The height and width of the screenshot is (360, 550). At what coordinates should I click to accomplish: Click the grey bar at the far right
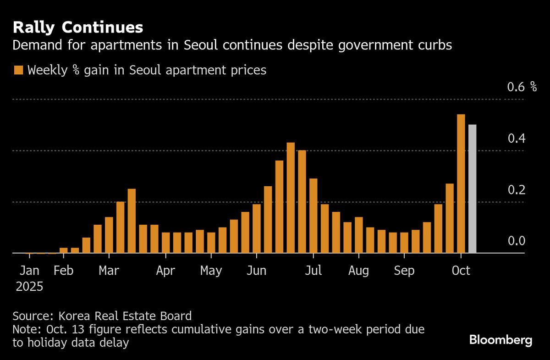coord(472,188)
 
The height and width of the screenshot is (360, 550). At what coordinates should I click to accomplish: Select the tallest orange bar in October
coord(461,183)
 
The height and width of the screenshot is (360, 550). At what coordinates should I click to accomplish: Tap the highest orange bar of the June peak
coord(291,198)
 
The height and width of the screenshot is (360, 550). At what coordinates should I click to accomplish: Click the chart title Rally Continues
coord(78,28)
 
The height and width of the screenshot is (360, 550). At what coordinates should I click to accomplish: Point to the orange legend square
coord(19,70)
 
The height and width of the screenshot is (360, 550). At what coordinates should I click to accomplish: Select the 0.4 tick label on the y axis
coord(516,138)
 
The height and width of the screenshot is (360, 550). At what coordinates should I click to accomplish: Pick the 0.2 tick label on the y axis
coord(516,189)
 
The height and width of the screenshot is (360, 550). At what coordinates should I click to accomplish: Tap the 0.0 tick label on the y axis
coord(516,241)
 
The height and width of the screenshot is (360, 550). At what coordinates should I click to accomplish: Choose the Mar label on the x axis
coord(109,271)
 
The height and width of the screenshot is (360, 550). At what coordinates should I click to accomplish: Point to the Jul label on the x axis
coord(314,271)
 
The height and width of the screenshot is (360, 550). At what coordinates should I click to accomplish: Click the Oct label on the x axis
coord(461,271)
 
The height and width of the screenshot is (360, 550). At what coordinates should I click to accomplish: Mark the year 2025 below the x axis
coord(29,287)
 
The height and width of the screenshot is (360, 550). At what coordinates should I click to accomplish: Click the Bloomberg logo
coord(500,340)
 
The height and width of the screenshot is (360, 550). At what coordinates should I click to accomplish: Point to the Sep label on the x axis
coord(404,271)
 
